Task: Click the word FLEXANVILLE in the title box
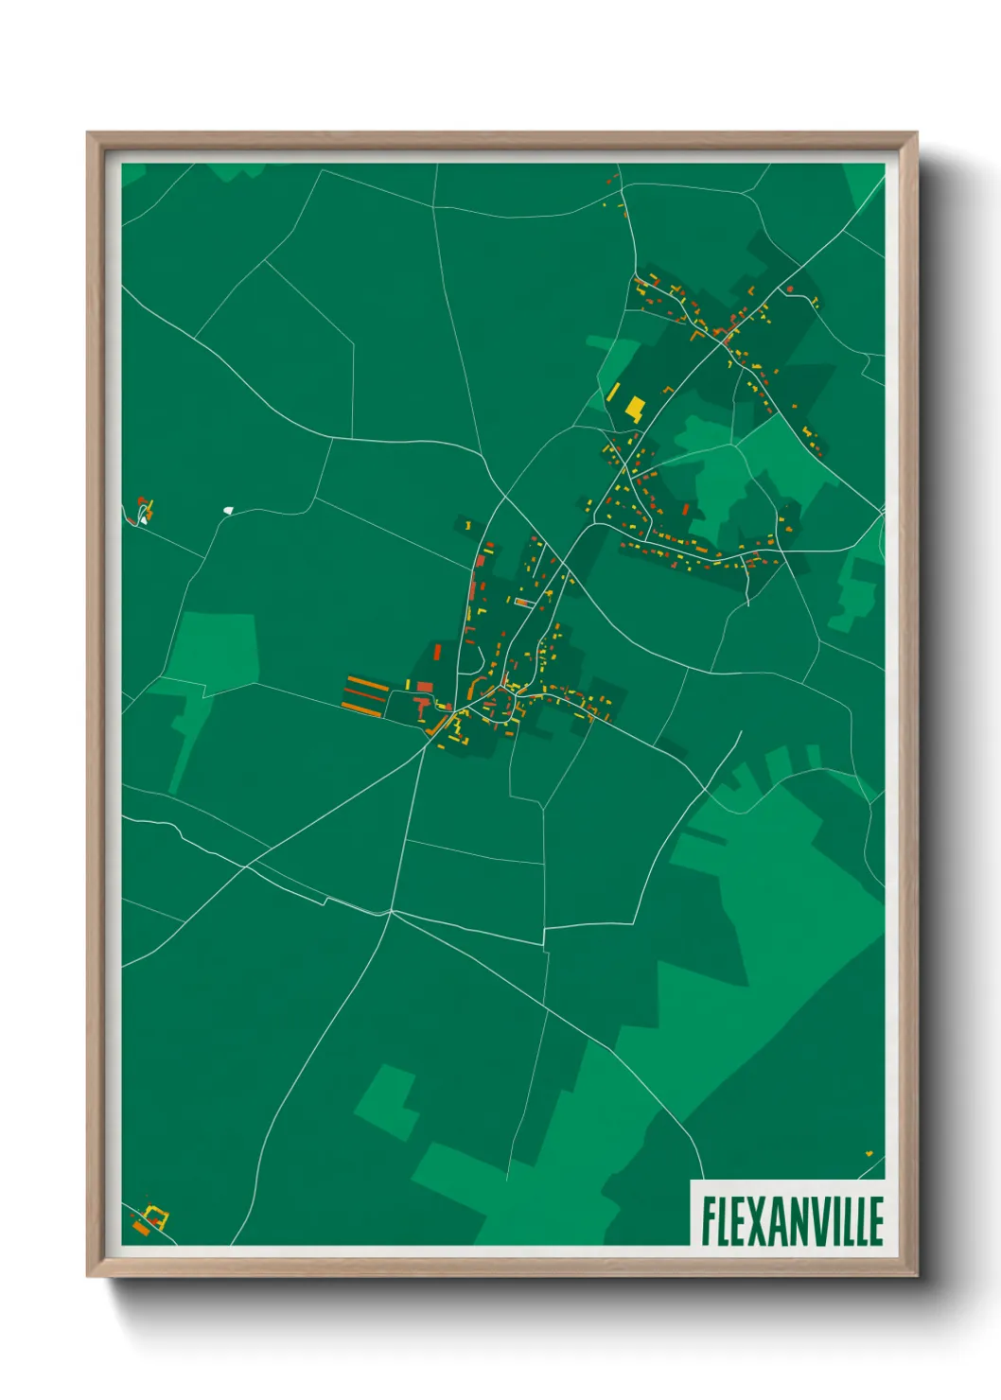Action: coord(792,1220)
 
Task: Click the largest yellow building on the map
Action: coord(635,409)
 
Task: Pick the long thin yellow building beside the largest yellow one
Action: coord(613,393)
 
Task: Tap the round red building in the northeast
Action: coord(790,289)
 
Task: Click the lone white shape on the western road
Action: coord(228,510)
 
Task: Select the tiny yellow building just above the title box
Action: coord(869,1153)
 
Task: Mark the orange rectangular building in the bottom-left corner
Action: coord(141,1228)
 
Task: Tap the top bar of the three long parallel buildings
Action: coord(364,681)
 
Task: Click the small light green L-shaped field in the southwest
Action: coord(389,1102)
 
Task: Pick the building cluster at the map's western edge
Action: coord(143,510)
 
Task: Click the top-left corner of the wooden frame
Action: coord(88,133)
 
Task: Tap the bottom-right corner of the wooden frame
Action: coord(916,1275)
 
